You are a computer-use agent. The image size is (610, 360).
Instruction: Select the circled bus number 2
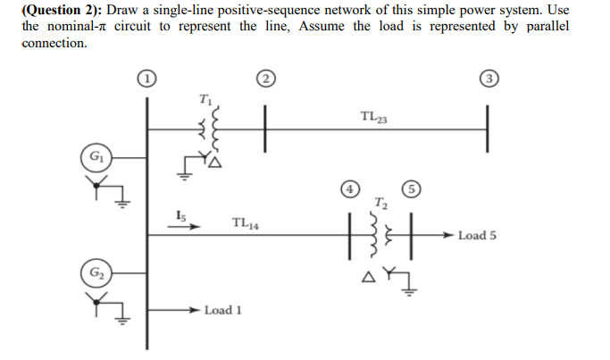click(263, 78)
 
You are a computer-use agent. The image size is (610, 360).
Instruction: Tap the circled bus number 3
click(488, 78)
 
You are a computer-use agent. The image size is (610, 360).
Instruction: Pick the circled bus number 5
click(409, 189)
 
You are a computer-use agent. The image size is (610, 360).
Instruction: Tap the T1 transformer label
click(206, 97)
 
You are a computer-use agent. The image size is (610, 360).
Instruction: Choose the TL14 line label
click(245, 223)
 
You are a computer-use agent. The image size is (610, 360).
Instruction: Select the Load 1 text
click(223, 311)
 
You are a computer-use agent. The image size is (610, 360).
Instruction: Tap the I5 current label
click(181, 213)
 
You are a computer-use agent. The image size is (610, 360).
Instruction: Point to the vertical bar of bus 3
click(488, 130)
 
